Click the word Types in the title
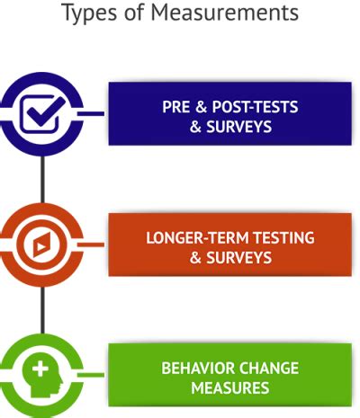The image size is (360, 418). point(89,13)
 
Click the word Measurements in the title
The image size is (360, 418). point(225,13)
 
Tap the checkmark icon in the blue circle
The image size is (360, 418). point(46,111)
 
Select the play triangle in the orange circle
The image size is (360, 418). point(40,246)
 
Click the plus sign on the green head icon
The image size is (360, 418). point(40,369)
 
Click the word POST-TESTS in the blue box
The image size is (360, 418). point(255,107)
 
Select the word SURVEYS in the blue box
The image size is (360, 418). point(238,126)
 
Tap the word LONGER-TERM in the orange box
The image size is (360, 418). point(198,237)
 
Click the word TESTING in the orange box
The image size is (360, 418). point(284,237)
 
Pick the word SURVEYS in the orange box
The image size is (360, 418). point(238,257)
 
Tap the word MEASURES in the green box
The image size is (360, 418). point(230,387)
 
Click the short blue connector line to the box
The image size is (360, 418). point(91,114)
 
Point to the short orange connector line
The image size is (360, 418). point(91,245)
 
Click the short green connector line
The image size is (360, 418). point(91,375)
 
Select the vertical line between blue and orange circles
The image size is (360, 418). point(42,179)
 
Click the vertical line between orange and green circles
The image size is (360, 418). point(42,310)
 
